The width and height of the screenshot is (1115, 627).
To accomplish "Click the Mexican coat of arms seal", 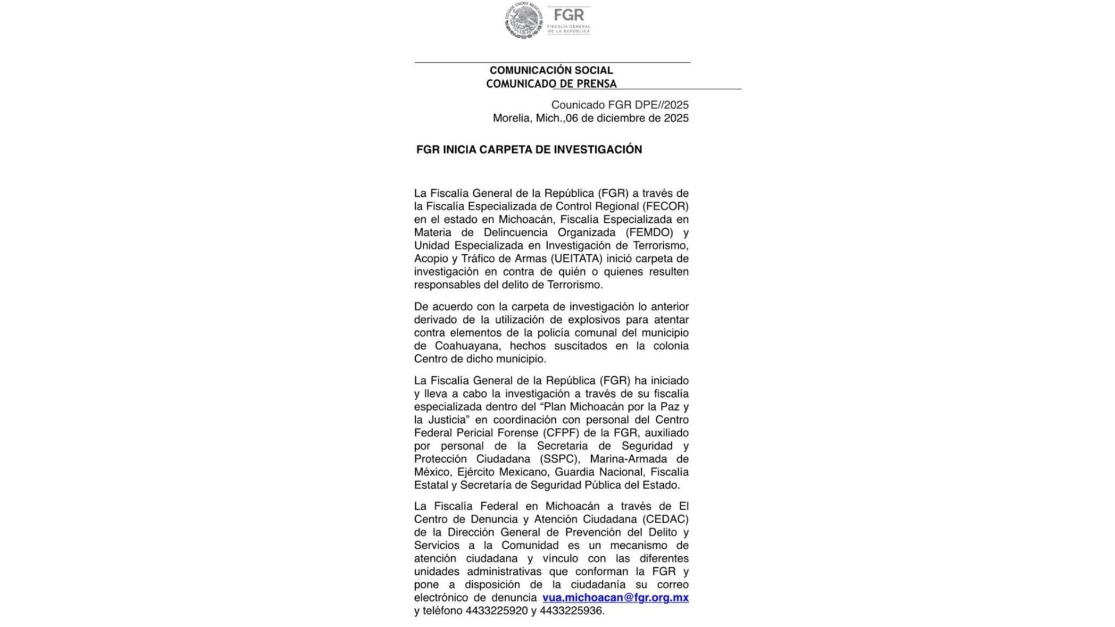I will pos(523,21).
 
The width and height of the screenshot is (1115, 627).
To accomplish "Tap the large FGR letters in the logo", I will pos(569,16).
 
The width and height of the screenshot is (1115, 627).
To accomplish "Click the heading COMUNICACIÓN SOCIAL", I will pos(551,70).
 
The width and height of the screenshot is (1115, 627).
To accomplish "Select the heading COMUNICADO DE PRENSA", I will pos(551,84).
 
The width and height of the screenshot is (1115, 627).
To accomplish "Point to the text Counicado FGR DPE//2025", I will pos(620,105).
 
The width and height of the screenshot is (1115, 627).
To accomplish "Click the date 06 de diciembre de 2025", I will pos(627,118).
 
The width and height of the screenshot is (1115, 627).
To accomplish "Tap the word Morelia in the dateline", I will pos(512,118).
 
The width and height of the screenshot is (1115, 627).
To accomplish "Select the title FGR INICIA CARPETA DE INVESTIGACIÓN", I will pos(529,150).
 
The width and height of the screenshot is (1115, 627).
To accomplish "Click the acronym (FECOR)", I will pos(665,206).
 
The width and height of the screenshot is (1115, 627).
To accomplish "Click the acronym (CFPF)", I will pos(563,433).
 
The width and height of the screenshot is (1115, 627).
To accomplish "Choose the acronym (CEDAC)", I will pos(665,519).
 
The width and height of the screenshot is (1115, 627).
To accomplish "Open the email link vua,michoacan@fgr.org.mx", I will pos(615,598).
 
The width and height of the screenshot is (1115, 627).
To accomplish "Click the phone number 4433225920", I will pos(497,611).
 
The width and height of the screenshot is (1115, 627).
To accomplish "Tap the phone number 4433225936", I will pos(571,611).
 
